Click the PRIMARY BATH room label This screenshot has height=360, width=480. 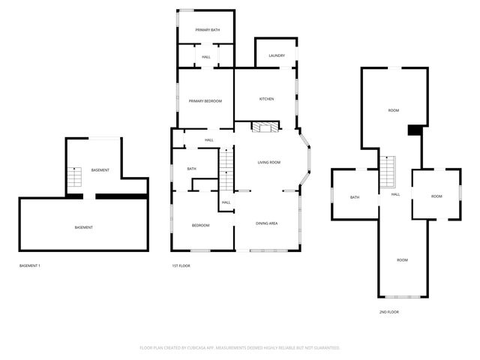click(207, 30)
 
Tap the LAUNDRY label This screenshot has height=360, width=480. click(277, 55)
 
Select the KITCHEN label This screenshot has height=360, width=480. click(266, 99)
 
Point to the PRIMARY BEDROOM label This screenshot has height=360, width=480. click(205, 100)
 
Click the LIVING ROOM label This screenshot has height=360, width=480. click(268, 163)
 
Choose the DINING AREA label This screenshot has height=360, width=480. click(267, 223)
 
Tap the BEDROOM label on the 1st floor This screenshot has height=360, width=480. click(200, 225)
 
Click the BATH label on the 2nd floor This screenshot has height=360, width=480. click(355, 197)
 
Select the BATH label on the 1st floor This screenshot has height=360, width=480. click(191, 169)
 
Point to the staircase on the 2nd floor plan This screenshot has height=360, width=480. click(387, 172)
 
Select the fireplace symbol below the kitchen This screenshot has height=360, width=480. click(263, 127)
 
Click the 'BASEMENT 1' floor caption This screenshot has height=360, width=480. click(29, 265)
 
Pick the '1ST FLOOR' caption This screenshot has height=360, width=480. click(181, 265)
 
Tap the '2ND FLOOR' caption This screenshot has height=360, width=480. click(388, 311)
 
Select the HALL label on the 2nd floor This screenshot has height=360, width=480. click(395, 195)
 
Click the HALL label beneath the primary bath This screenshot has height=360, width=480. click(205, 57)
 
